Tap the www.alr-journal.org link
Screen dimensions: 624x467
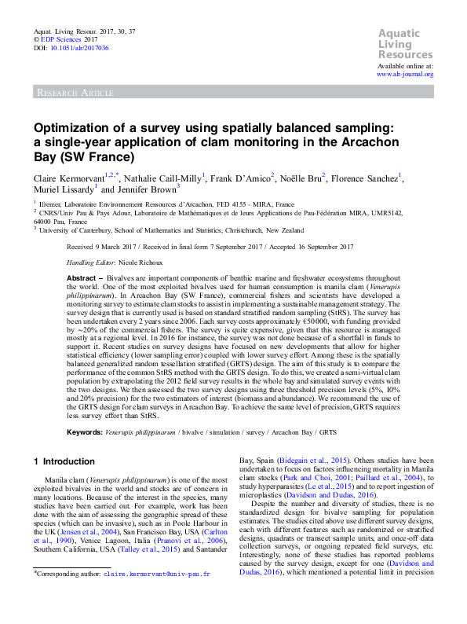(405, 74)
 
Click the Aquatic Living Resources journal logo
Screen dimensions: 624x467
(405, 44)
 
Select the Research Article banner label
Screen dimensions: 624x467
(75, 93)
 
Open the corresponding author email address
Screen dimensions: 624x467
(157, 596)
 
